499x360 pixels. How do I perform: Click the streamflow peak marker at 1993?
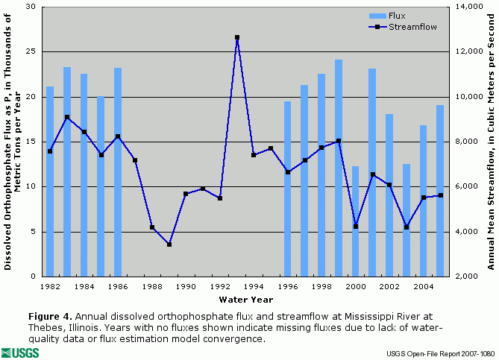237,37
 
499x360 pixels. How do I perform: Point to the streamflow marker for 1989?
169,244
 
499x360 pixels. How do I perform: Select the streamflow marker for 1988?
152,227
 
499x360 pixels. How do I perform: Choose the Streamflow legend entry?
403,26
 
